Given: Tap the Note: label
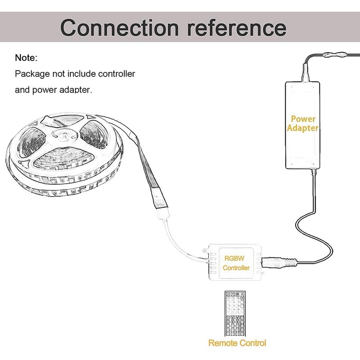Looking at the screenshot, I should (x=27, y=58).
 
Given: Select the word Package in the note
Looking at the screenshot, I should (x=31, y=74).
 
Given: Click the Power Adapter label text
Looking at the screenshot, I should (x=302, y=123).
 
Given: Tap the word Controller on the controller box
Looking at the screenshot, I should (x=236, y=268).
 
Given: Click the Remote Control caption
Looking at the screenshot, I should (x=237, y=343).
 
